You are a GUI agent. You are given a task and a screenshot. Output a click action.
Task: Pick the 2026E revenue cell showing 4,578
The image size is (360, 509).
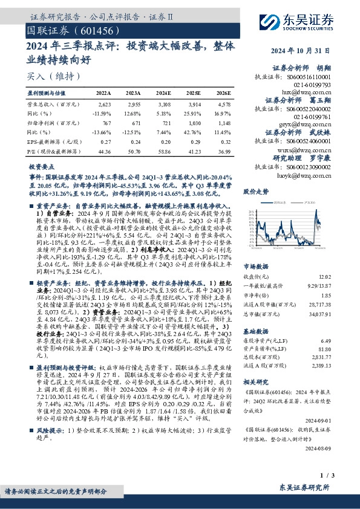223,105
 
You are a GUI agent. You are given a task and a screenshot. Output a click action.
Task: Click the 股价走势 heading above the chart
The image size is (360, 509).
255,191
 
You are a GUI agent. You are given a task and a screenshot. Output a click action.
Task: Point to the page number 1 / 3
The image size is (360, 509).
325,475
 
